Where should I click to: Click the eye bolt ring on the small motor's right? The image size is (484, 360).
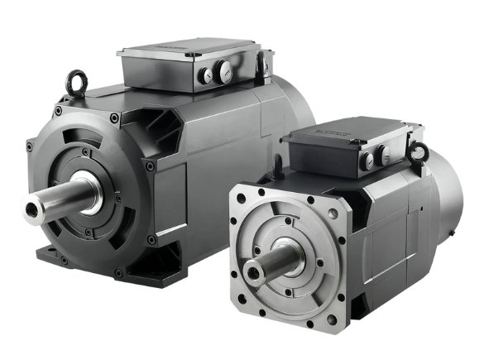point(421,151)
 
